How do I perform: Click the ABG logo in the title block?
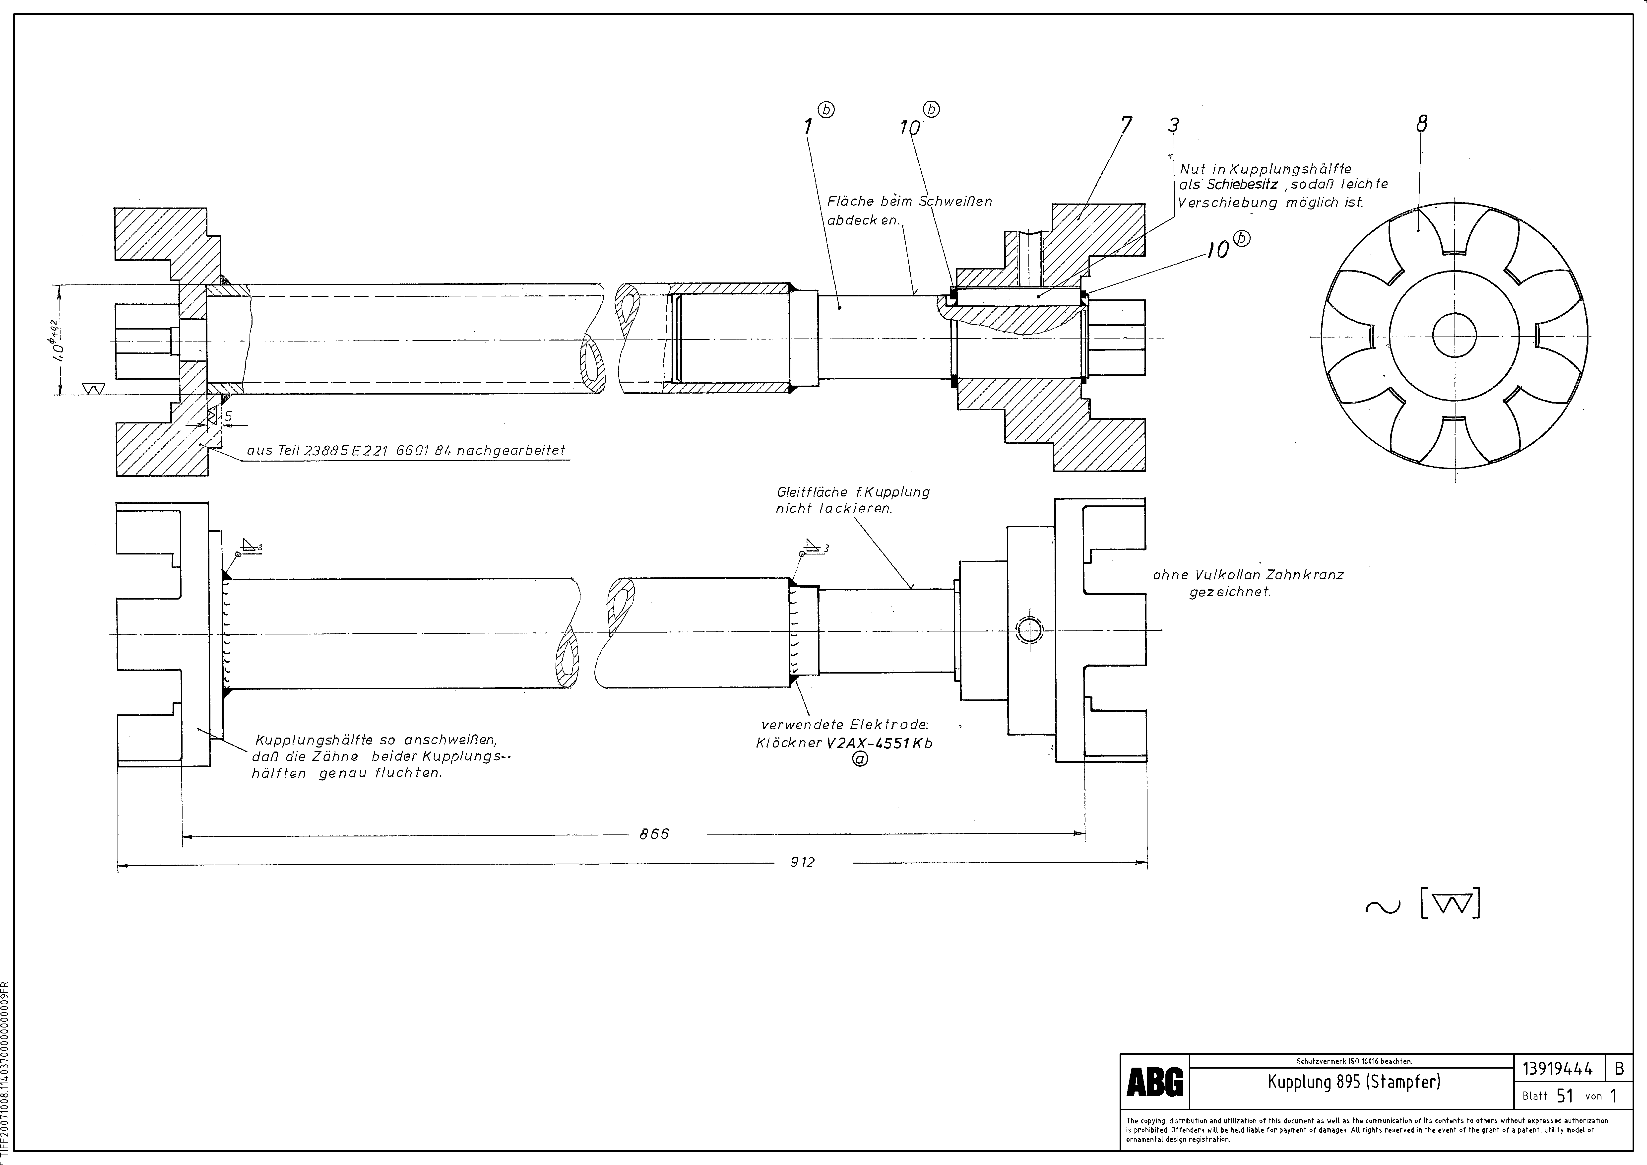[1155, 1082]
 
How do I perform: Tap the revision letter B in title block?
[1619, 1069]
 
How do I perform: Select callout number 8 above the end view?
[1421, 124]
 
